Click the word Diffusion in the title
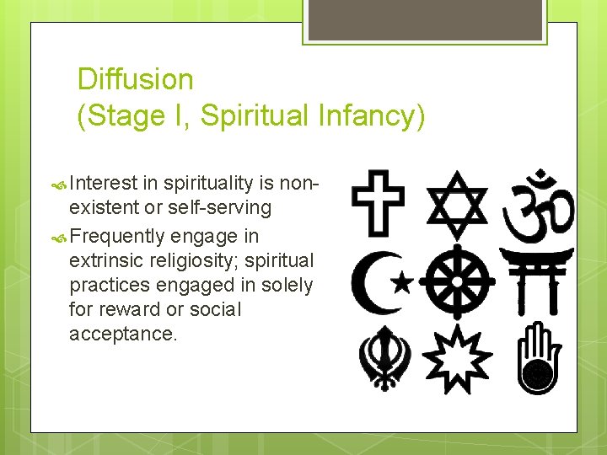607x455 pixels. click(x=135, y=80)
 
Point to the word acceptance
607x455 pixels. click(x=123, y=335)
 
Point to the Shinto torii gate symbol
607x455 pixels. click(x=536, y=281)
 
